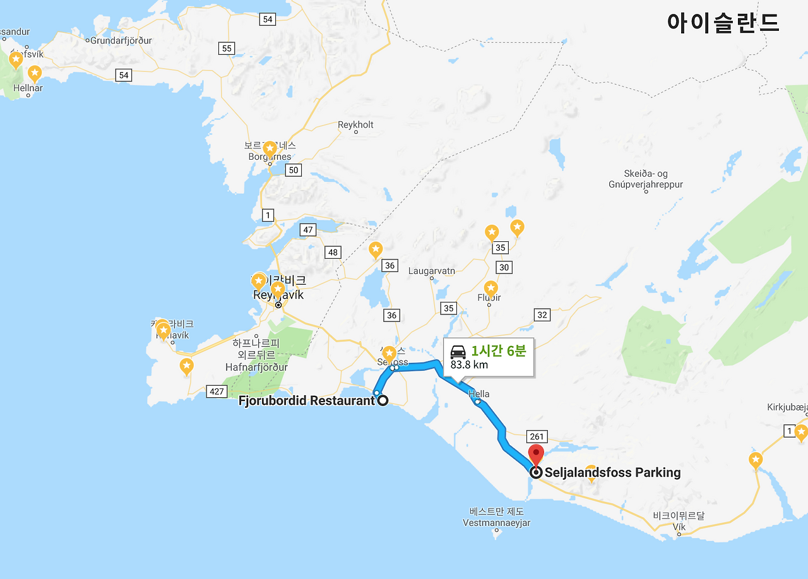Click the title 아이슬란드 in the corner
point(723,23)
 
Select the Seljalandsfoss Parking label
point(612,472)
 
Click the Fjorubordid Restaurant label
point(307,400)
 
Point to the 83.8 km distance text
point(469,364)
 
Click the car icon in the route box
point(458,351)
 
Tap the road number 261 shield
point(537,437)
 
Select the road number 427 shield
point(217,391)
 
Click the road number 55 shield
point(227,49)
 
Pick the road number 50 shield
point(293,170)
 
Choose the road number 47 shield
point(308,230)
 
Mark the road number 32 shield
point(542,315)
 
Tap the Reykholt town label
point(355,125)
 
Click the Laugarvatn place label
point(432,271)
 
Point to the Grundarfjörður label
point(121,40)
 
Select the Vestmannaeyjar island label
point(496,523)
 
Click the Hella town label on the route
point(479,394)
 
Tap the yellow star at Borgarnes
point(270,150)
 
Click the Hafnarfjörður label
point(256,367)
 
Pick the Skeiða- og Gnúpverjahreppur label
point(645,179)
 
